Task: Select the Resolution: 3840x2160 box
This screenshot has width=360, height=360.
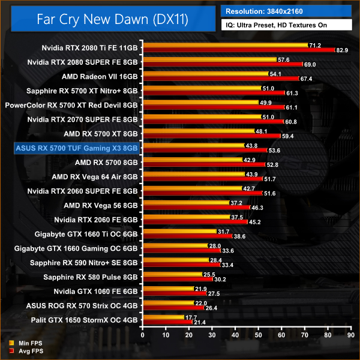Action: coord(286,11)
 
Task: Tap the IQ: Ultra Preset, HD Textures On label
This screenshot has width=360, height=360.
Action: coord(286,25)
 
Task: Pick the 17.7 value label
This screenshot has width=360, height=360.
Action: coord(192,317)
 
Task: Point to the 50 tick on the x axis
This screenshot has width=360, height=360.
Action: coord(258,335)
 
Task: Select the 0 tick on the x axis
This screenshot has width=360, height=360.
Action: coord(142,335)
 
